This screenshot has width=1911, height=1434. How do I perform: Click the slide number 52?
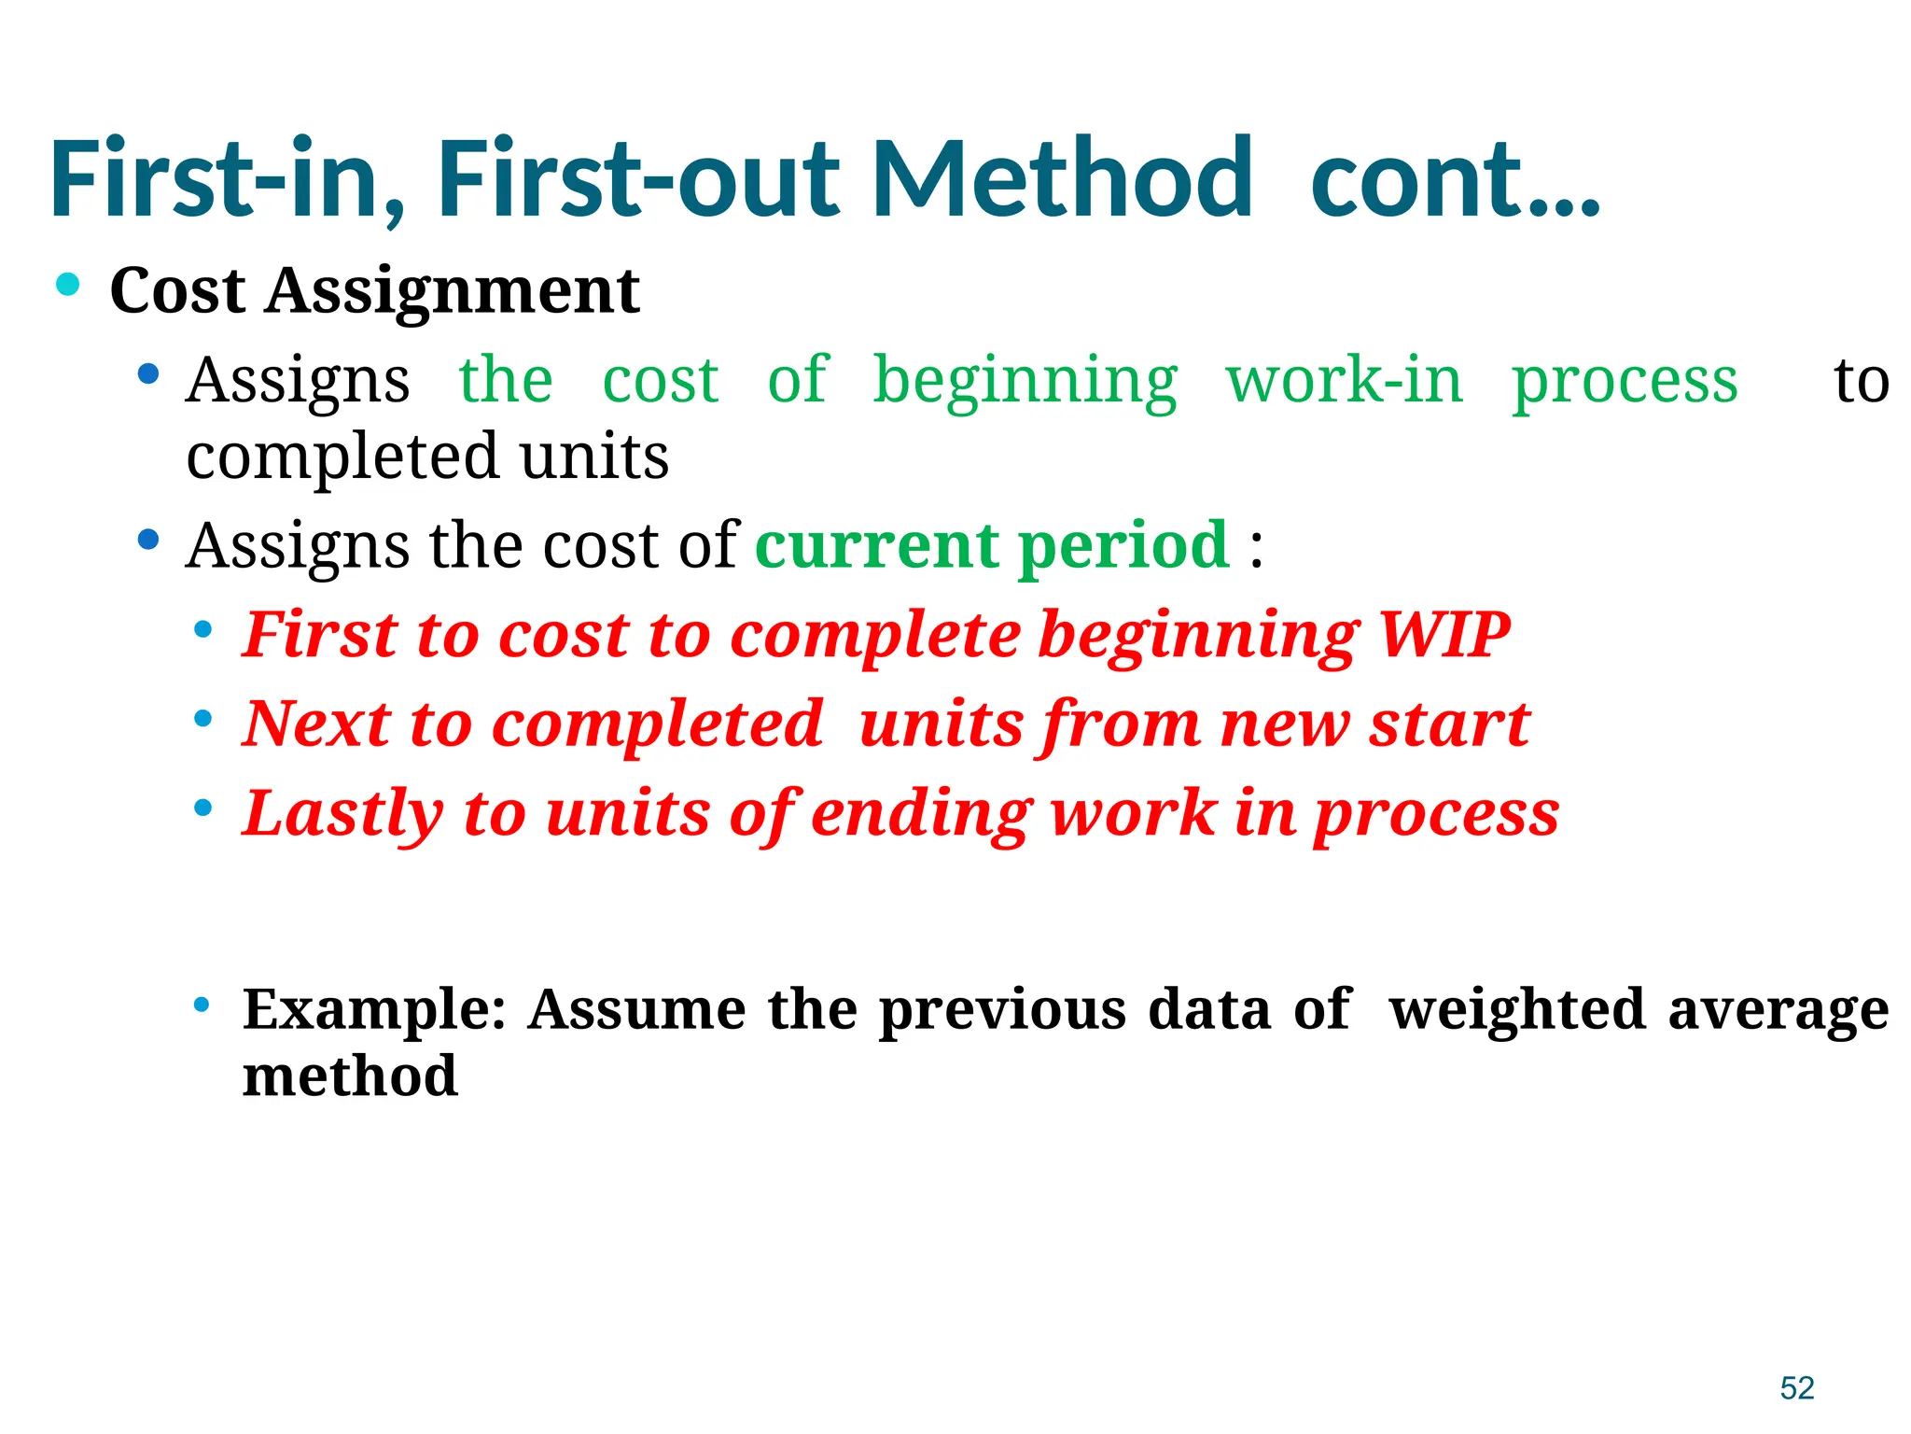(x=1796, y=1387)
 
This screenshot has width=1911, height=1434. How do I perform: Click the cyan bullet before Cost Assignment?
(x=68, y=284)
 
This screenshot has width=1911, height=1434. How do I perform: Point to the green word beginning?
(x=1025, y=383)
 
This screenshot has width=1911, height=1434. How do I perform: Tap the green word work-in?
(x=1344, y=381)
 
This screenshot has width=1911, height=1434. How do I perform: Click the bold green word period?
(x=1123, y=547)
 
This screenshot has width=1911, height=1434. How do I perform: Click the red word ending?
(x=921, y=814)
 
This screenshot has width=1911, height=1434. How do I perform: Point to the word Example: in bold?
(x=374, y=1010)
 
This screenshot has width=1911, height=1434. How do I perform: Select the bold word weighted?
(x=1517, y=1010)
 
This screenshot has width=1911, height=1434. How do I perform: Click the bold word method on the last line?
(x=350, y=1076)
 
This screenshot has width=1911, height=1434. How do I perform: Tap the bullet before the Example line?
(x=202, y=1005)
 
